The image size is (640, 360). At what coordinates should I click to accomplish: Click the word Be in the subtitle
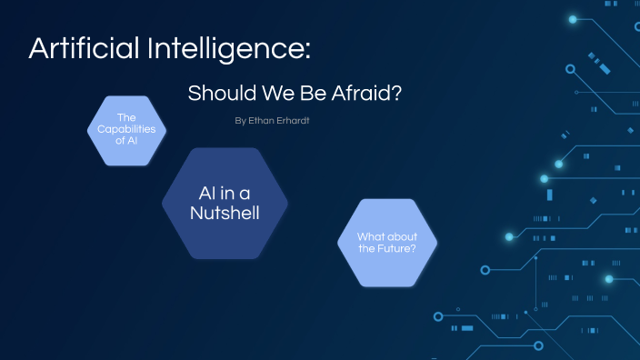[x=305, y=94]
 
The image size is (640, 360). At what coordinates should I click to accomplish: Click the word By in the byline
[x=240, y=120]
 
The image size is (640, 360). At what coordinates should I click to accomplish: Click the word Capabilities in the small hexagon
[x=126, y=130]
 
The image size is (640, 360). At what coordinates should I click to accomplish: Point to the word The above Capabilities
[x=126, y=119]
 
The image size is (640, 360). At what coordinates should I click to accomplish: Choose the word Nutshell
[x=225, y=213]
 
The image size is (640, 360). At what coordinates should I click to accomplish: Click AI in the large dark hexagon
[x=208, y=193]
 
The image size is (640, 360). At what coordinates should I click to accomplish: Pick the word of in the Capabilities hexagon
[x=121, y=141]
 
